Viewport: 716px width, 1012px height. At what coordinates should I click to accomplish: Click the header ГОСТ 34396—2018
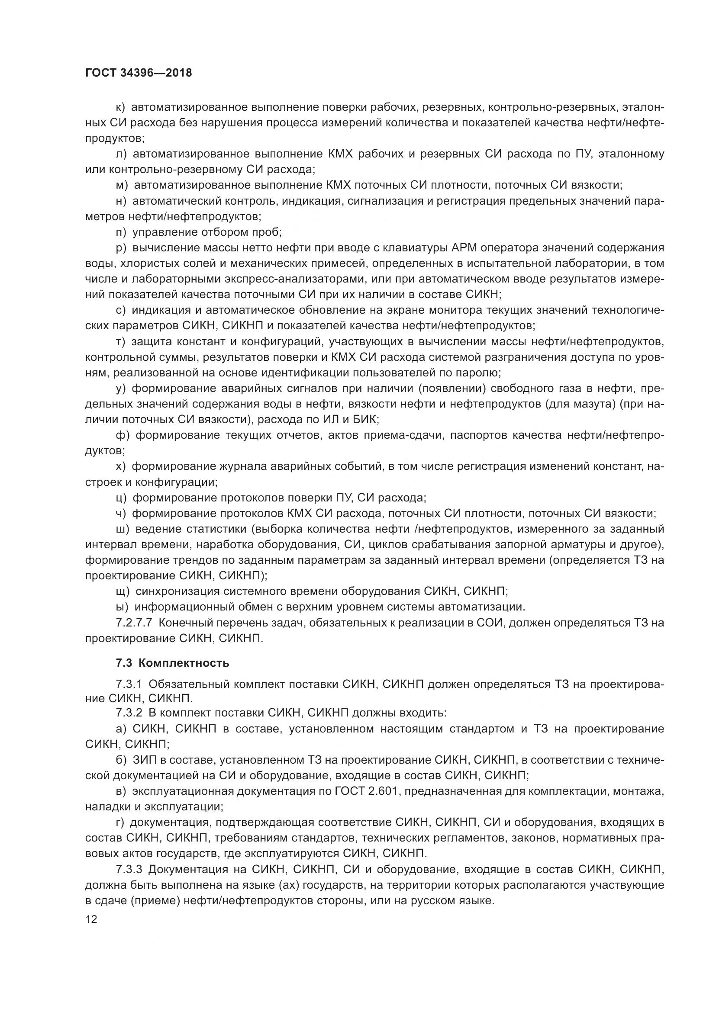[x=139, y=73]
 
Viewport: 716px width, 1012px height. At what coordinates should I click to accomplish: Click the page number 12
[x=91, y=919]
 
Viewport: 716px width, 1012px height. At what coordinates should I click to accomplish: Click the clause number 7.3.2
[x=129, y=713]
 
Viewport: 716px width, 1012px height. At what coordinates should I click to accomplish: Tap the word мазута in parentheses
[x=591, y=404]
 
